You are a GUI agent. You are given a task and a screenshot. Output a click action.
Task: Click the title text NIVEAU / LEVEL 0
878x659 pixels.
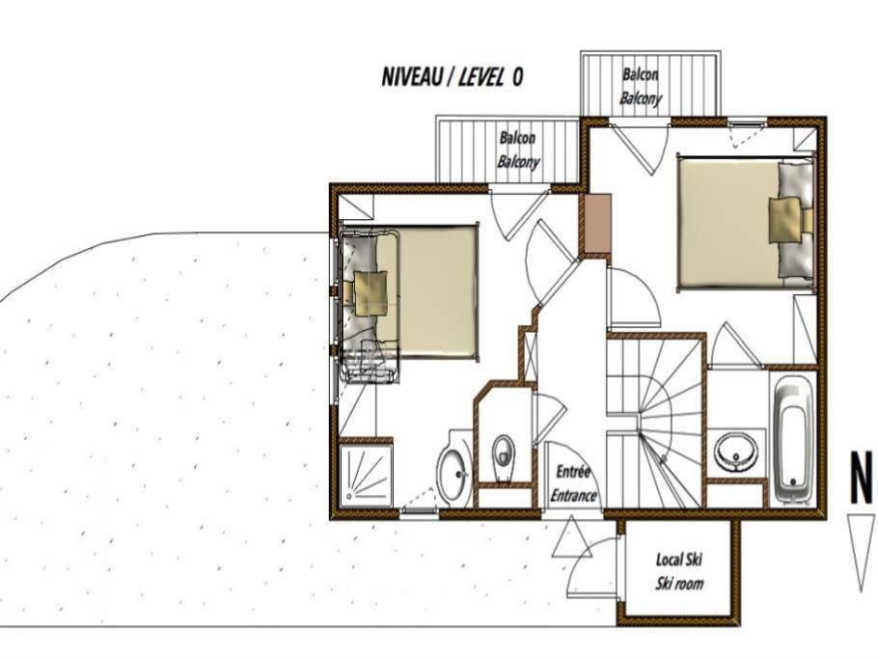[452, 76]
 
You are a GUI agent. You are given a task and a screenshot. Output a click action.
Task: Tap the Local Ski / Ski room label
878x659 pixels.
[678, 571]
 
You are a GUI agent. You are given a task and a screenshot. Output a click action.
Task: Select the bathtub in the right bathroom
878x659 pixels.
[794, 438]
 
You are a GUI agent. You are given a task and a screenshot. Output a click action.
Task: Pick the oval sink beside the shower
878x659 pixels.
[453, 475]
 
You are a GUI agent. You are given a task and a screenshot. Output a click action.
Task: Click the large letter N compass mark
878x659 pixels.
[862, 479]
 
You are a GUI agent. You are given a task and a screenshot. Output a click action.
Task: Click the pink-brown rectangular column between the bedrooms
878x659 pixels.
[595, 224]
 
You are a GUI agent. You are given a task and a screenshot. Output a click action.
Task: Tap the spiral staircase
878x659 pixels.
[654, 421]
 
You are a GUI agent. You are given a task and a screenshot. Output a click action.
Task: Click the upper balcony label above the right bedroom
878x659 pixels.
[640, 87]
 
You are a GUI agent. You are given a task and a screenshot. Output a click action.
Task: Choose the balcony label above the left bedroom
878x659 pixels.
[518, 151]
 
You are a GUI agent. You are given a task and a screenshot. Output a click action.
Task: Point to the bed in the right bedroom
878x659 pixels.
[745, 224]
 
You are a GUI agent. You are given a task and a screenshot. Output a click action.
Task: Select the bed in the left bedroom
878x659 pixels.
[410, 291]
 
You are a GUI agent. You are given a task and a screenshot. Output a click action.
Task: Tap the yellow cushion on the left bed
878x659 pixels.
[370, 293]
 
